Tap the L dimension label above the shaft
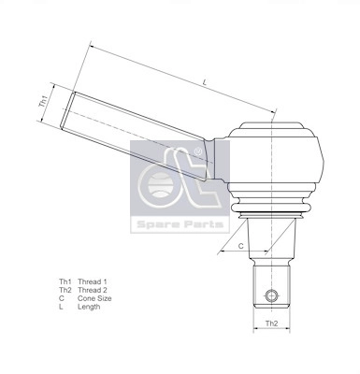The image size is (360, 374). (204, 84)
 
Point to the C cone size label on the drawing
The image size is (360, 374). (240, 245)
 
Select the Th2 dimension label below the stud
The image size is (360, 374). (271, 324)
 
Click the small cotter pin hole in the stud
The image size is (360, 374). (271, 296)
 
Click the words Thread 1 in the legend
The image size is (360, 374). (93, 281)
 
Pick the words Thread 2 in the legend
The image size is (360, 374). (93, 290)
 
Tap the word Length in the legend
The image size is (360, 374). (90, 307)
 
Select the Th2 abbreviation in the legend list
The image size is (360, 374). (65, 290)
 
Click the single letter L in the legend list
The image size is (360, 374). (61, 307)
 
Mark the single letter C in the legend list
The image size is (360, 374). (62, 298)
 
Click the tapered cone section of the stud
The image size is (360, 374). (271, 240)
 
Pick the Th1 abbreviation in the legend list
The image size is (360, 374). (65, 281)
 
